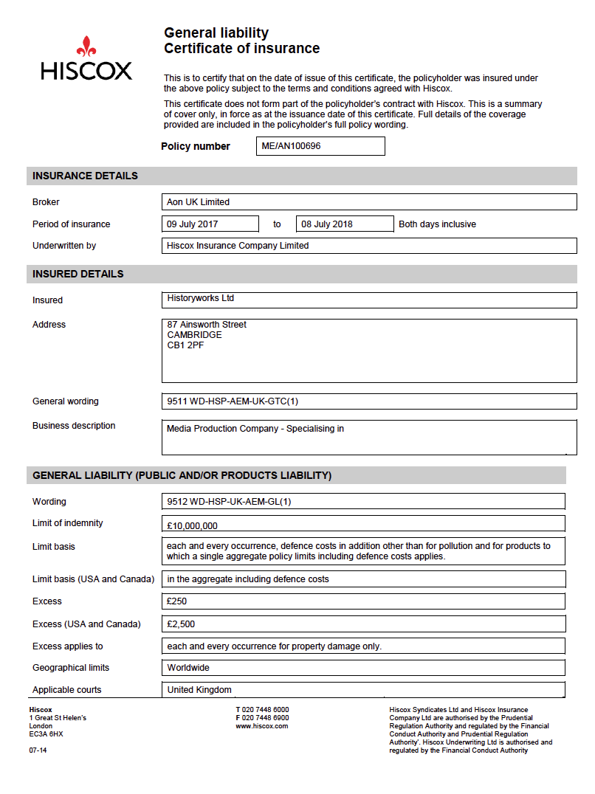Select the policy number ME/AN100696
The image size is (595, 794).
pos(291,146)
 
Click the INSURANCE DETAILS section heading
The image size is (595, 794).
pos(85,176)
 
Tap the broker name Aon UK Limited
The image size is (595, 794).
pos(198,202)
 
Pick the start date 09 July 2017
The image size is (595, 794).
pos(193,224)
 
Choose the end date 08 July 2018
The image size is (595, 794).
pos(326,224)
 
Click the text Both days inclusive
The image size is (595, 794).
pos(437,224)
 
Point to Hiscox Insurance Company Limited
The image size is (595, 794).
pos(238,246)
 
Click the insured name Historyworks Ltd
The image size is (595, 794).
pos(201,298)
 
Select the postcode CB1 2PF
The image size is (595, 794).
pos(185,345)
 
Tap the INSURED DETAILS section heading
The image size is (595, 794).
pos(78,275)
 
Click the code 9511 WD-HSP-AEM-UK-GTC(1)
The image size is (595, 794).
pos(233,401)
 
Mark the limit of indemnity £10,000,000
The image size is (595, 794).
pos(192,526)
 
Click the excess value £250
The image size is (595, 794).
pos(177,601)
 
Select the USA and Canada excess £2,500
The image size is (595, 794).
pos(181,624)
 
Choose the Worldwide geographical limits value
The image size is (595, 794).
pos(188,668)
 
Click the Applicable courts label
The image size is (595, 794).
pos(66,690)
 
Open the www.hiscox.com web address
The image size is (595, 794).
pos(261,726)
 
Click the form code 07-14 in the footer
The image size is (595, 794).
pos(38,750)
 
